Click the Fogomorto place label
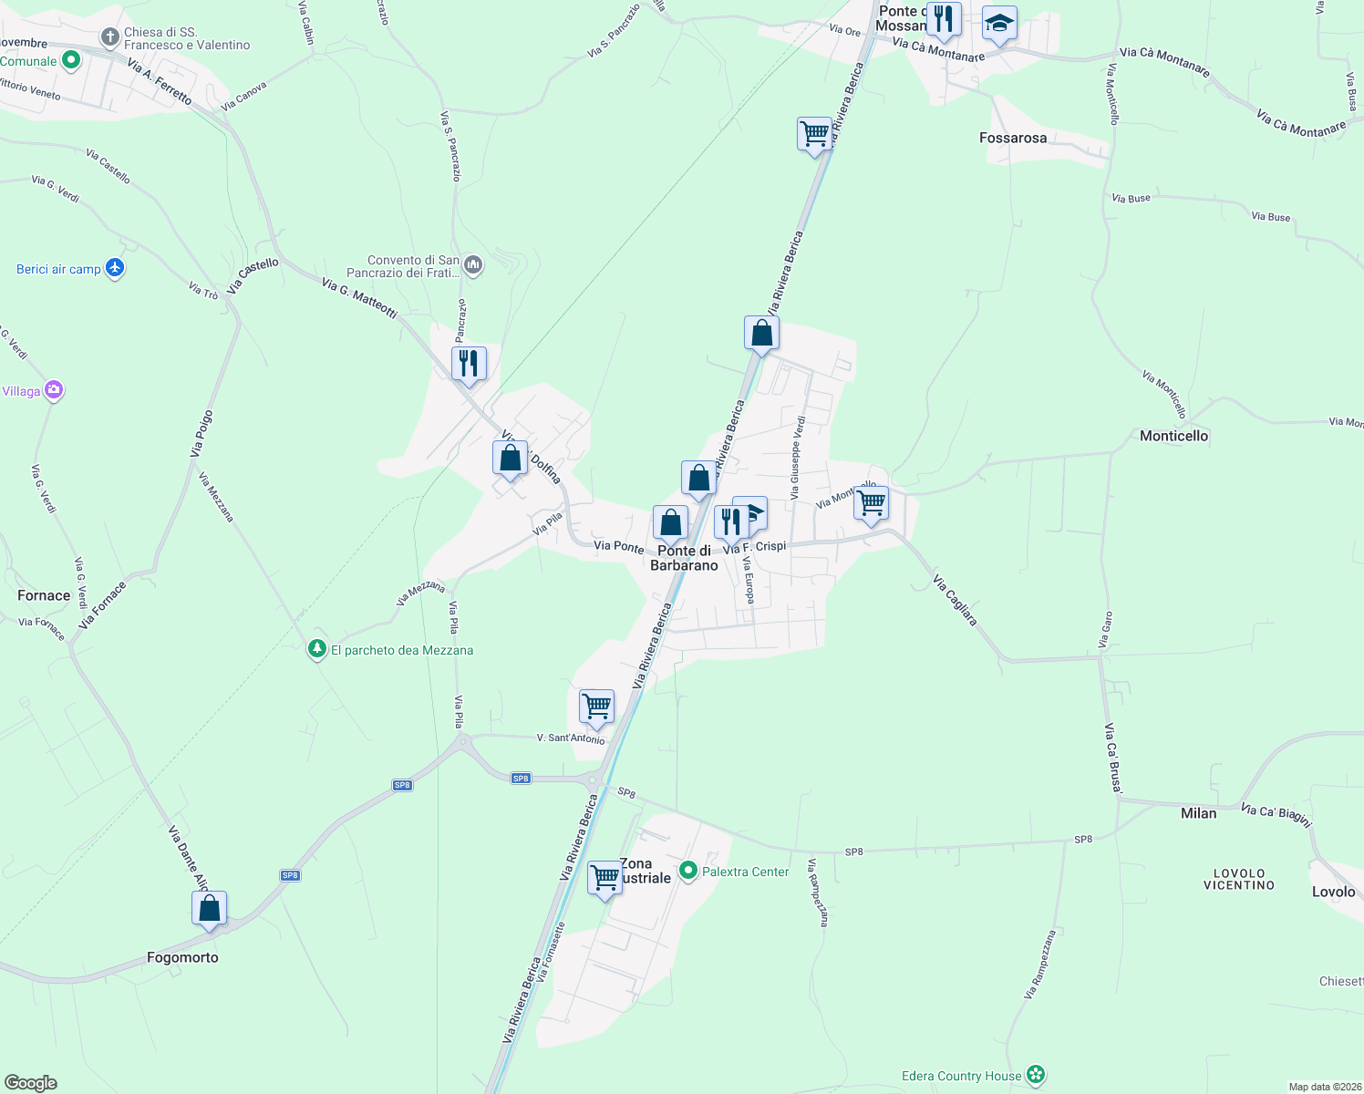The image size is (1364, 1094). [x=182, y=957]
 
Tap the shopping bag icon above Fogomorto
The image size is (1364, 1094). [x=210, y=909]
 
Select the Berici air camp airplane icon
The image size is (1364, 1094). [x=114, y=268]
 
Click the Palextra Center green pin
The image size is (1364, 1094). [x=688, y=872]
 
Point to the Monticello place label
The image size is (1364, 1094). [x=1173, y=436]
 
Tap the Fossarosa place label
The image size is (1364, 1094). [x=1012, y=138]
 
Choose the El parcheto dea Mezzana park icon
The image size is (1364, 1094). [x=317, y=649]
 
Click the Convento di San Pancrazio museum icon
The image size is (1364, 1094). [x=472, y=265]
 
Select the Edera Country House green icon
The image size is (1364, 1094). [x=1035, y=1075]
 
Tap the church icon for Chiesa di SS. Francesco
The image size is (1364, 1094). [x=109, y=37]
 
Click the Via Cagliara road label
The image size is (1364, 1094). [x=955, y=600]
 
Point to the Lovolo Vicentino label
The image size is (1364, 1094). [x=1239, y=879]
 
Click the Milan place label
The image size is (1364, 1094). [x=1198, y=813]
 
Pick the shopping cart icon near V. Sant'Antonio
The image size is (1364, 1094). [x=596, y=707]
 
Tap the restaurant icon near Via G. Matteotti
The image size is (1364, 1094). [x=469, y=364]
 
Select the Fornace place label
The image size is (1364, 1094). [x=44, y=595]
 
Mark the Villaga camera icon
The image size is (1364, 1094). [x=54, y=390]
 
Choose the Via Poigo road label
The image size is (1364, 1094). [x=201, y=434]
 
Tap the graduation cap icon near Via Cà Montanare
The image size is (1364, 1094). [x=999, y=25]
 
